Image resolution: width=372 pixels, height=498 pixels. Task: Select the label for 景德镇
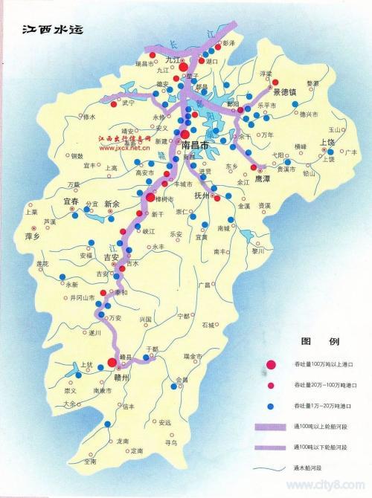click(x=286, y=93)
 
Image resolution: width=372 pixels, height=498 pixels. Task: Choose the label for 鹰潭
click(x=263, y=178)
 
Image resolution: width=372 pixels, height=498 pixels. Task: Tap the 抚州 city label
click(x=203, y=195)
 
